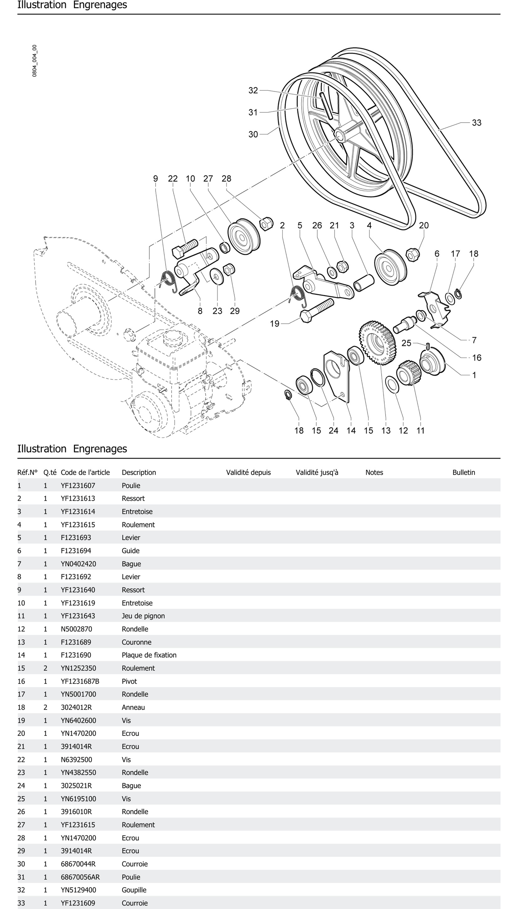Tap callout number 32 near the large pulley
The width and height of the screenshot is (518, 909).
253,90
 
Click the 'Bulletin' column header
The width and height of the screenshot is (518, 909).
464,473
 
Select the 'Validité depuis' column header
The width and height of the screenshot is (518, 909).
248,473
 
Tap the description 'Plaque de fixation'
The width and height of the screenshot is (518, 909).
149,655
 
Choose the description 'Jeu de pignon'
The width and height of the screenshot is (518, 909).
143,616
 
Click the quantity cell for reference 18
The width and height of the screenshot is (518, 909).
45,707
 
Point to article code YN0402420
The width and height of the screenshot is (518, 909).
78,564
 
